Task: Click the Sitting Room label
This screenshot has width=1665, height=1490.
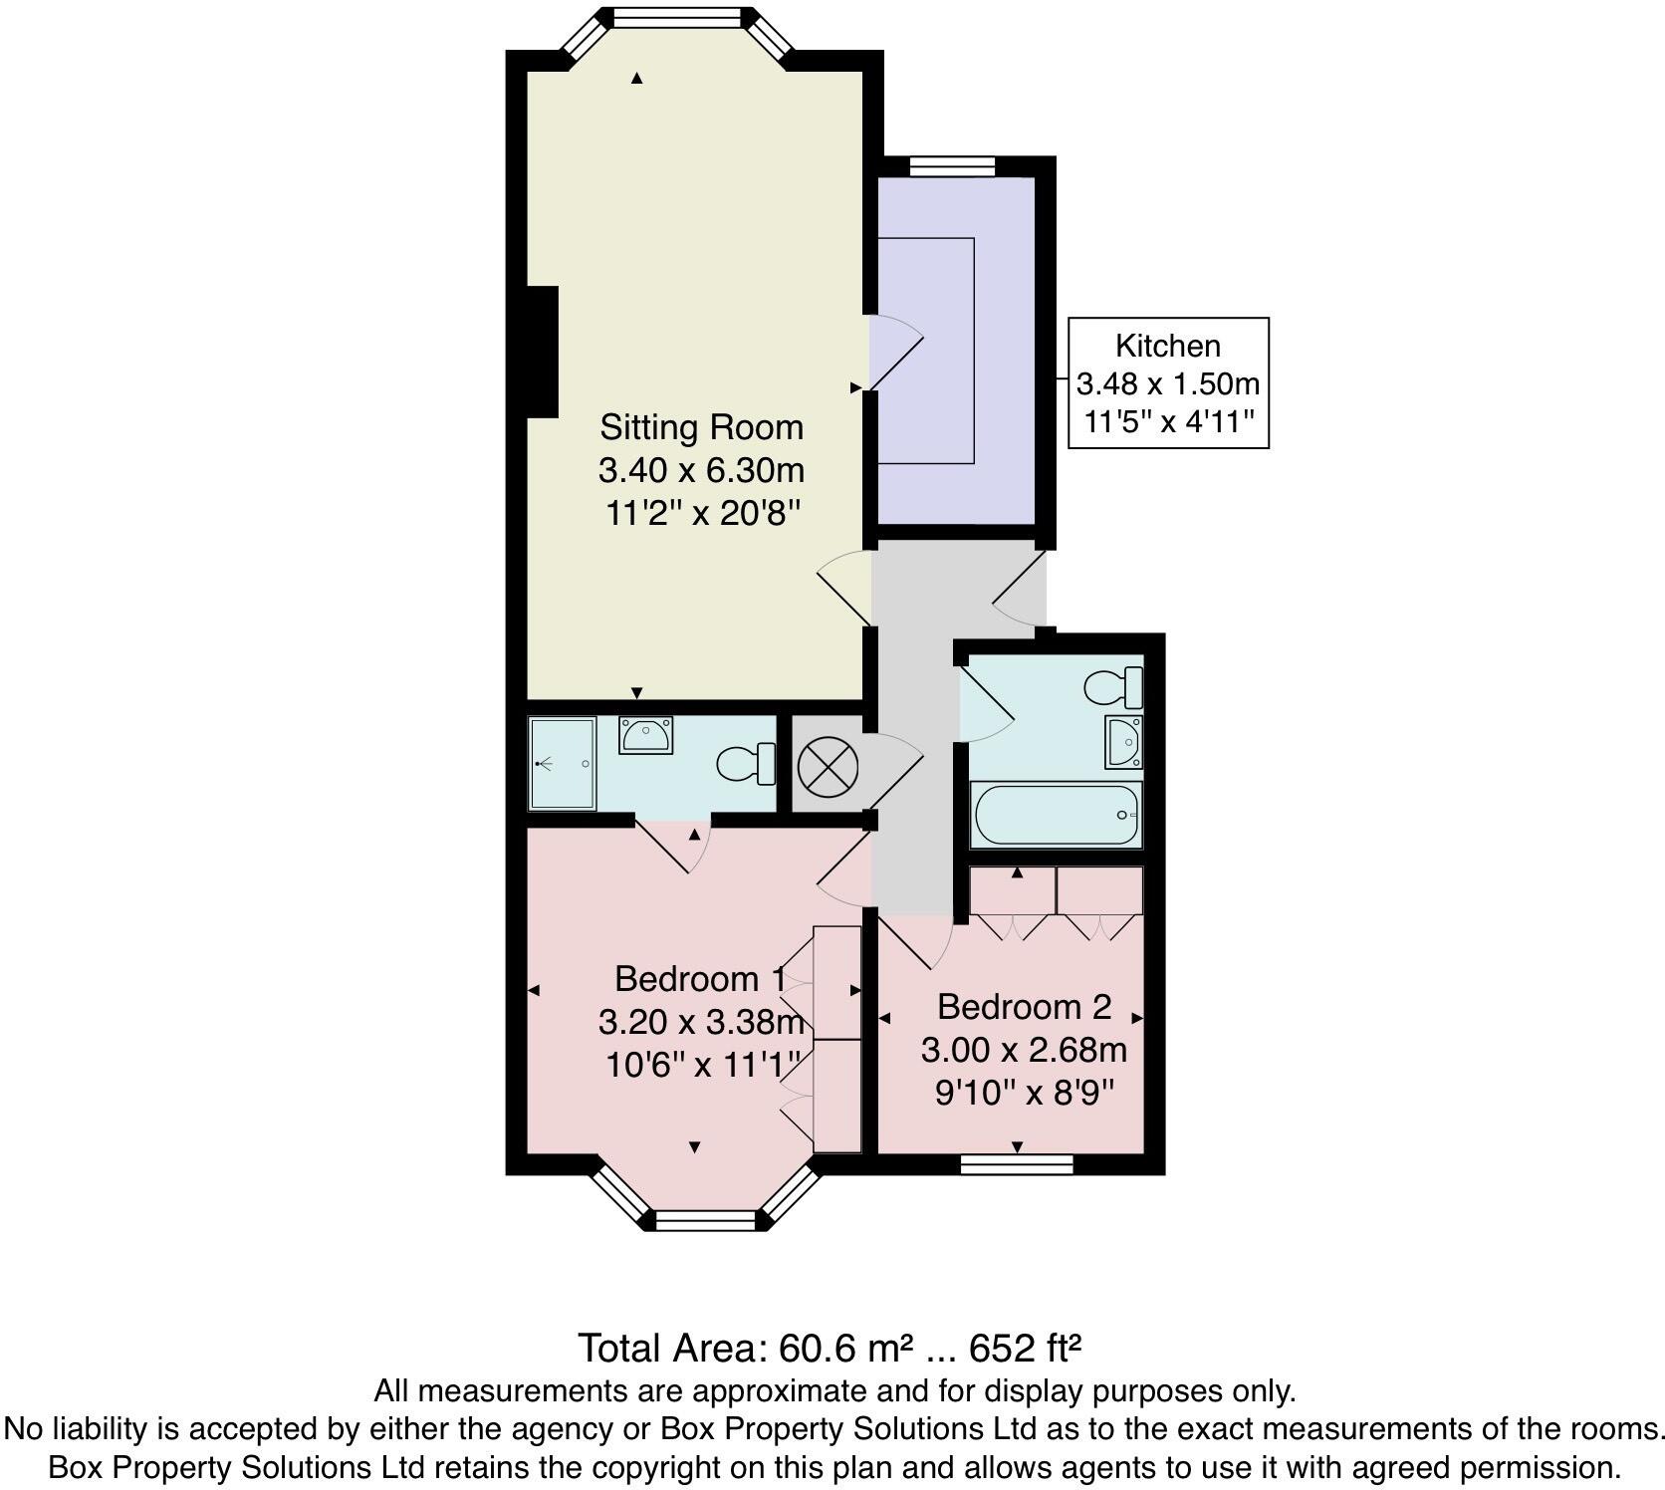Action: tap(701, 427)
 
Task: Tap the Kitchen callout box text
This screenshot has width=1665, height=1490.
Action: tap(1168, 383)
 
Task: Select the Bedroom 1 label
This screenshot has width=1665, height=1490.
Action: tap(699, 979)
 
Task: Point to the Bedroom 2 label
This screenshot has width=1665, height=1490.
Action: tap(1024, 1007)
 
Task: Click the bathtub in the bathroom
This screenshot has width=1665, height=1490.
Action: tap(1057, 815)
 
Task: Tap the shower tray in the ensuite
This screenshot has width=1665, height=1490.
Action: tap(563, 763)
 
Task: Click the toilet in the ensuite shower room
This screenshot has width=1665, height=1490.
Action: tap(747, 764)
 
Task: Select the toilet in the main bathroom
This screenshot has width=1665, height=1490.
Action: tap(1113, 687)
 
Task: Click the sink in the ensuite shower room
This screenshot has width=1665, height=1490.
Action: tap(645, 736)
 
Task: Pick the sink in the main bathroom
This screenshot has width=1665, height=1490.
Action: tap(1124, 742)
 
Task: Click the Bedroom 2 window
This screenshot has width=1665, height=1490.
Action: tap(1017, 1164)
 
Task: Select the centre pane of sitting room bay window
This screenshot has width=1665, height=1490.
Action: tap(677, 18)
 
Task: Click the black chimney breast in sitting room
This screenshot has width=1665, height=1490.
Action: tap(542, 352)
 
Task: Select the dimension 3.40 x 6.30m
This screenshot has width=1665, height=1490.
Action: tap(701, 469)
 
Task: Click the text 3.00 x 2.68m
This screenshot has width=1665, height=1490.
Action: tap(1024, 1050)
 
